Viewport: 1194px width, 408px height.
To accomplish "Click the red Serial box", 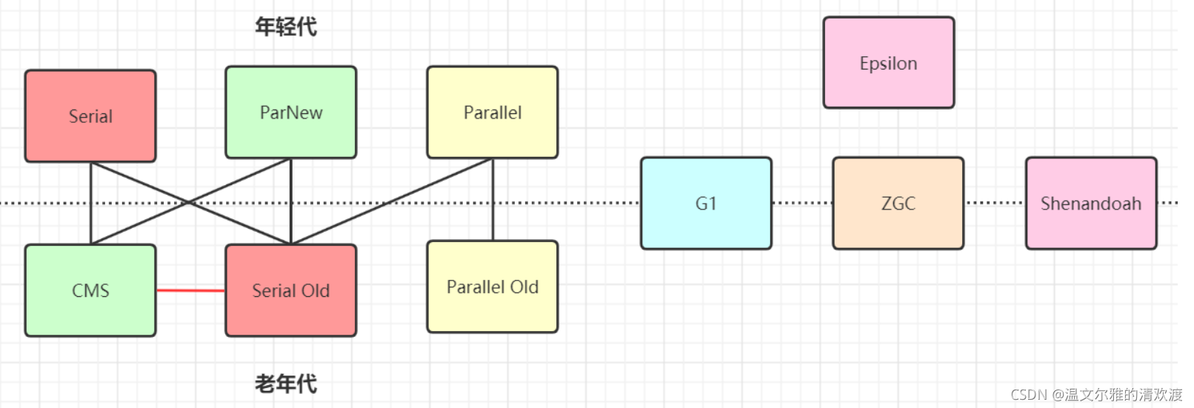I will pyautogui.click(x=90, y=116).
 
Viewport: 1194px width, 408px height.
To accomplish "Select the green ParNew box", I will pyautogui.click(x=291, y=113).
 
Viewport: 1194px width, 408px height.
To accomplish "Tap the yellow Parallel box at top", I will pyautogui.click(x=493, y=113).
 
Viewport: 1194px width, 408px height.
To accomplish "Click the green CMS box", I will pyautogui.click(x=90, y=290).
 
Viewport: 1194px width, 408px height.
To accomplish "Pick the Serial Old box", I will pyautogui.click(x=291, y=290).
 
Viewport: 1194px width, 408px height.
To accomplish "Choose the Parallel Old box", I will pyautogui.click(x=493, y=287).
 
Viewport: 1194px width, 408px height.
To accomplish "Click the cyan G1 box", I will pyautogui.click(x=706, y=203).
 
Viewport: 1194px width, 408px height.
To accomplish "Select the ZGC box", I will pyautogui.click(x=898, y=203).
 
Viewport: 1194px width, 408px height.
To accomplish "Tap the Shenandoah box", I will pyautogui.click(x=1090, y=203).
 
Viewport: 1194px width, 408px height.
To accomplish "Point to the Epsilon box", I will pyautogui.click(x=888, y=63).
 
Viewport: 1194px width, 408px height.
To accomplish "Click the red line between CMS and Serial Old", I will pyautogui.click(x=190, y=291).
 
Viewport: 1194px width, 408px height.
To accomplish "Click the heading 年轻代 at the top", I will pyautogui.click(x=286, y=27).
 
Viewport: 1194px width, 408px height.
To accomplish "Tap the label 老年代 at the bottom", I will pyautogui.click(x=286, y=384).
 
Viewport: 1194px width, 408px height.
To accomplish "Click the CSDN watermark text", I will pyautogui.click(x=1096, y=395).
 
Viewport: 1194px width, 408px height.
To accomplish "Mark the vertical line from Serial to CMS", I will pyautogui.click(x=90, y=222).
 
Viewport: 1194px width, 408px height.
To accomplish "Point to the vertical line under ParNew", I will pyautogui.click(x=291, y=222).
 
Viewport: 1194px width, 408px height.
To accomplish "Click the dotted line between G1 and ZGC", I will pyautogui.click(x=802, y=203).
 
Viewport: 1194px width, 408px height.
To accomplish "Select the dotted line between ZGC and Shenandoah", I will pyautogui.click(x=995, y=203).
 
